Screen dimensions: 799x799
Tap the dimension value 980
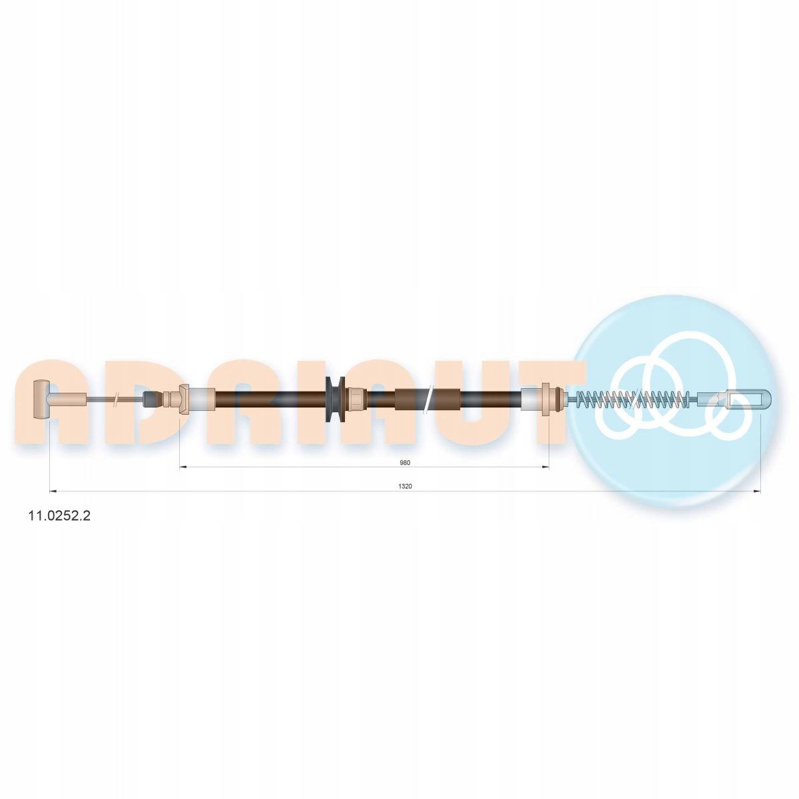[x=405, y=463]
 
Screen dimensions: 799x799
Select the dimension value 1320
[x=405, y=486]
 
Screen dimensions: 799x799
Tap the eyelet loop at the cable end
[x=734, y=399]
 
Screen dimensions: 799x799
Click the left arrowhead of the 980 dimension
[x=183, y=467]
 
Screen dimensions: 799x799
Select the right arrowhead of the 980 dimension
[x=546, y=467]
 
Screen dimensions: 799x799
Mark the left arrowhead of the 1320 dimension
[x=53, y=491]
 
